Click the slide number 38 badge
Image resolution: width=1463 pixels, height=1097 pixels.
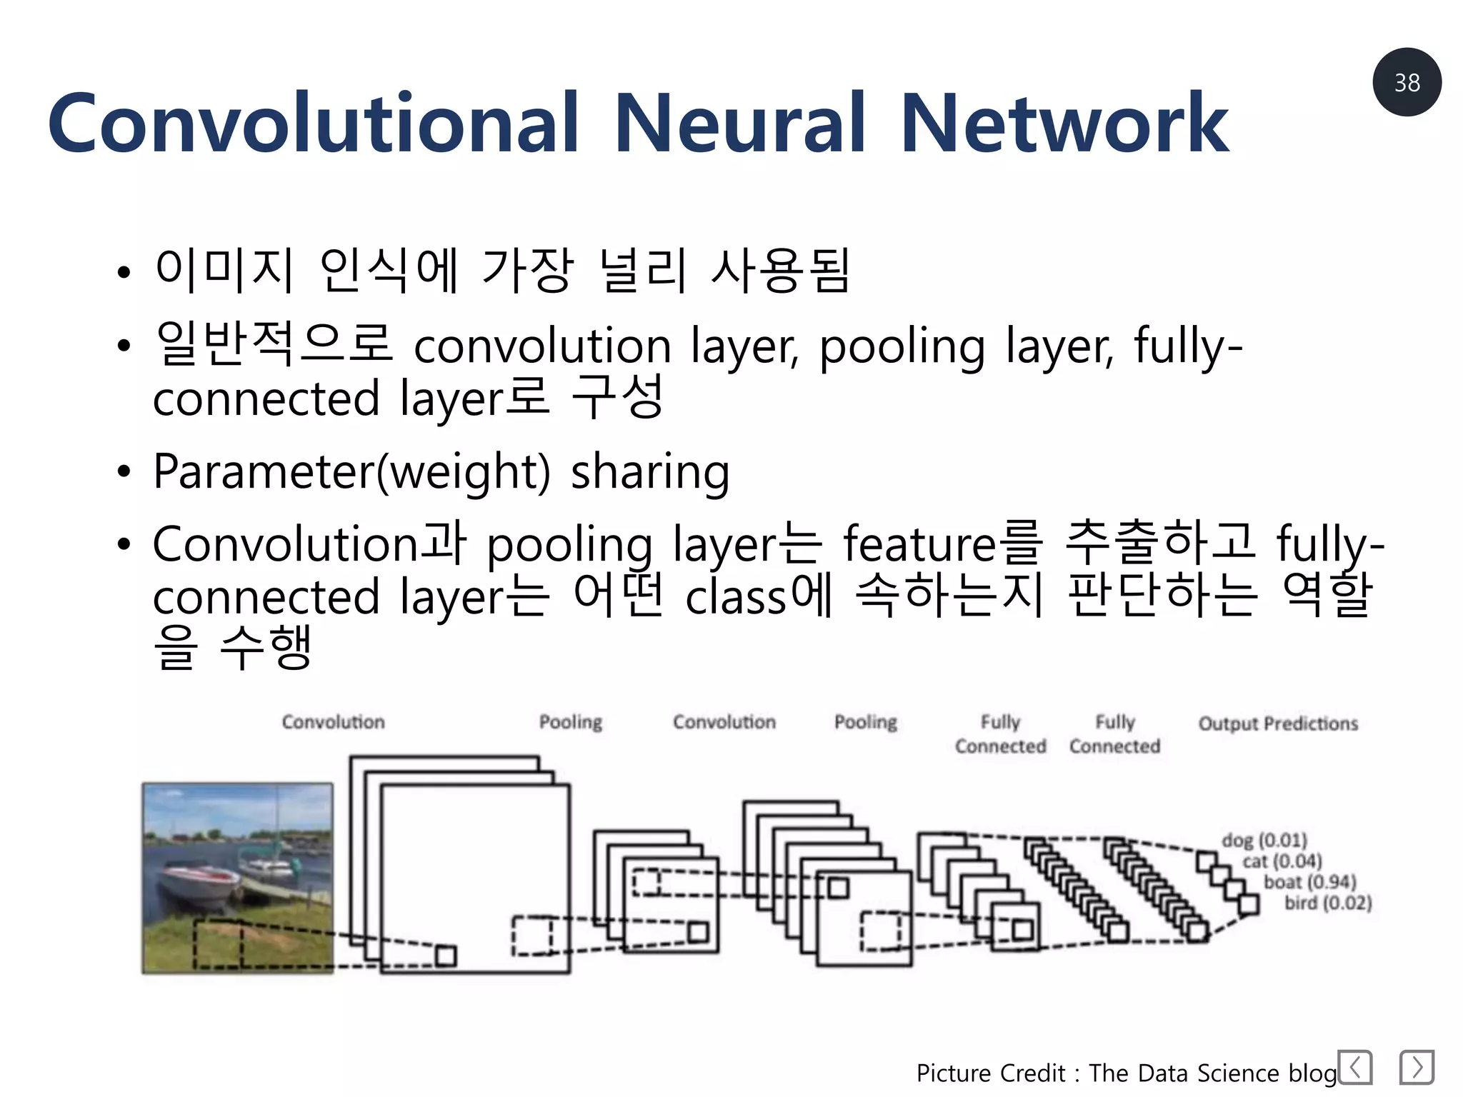pos(1406,82)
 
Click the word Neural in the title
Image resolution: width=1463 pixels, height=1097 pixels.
pos(740,123)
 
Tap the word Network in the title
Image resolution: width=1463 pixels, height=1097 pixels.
pos(1064,123)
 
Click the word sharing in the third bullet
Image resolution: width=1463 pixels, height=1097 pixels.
pos(650,473)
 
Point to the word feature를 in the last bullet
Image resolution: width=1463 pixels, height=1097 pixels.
pos(942,544)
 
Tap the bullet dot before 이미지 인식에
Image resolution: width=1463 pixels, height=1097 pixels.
pos(124,272)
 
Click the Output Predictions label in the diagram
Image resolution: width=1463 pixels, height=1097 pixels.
pos(1278,723)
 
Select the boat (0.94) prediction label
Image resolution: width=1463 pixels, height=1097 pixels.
pos(1309,882)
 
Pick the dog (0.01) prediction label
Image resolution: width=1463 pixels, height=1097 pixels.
pos(1264,840)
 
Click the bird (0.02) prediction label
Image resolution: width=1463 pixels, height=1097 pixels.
pos(1328,903)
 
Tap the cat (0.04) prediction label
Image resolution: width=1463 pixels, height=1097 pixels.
pos(1282,861)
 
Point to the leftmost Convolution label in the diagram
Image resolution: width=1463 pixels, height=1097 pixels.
pos(333,722)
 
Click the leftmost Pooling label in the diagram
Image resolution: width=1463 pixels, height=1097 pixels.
pos(570,722)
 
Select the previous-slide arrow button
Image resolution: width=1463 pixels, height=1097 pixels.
pos(1354,1068)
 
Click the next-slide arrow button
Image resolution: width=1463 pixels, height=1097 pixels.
pos(1417,1068)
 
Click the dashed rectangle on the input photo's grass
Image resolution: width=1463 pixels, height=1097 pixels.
pos(217,944)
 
